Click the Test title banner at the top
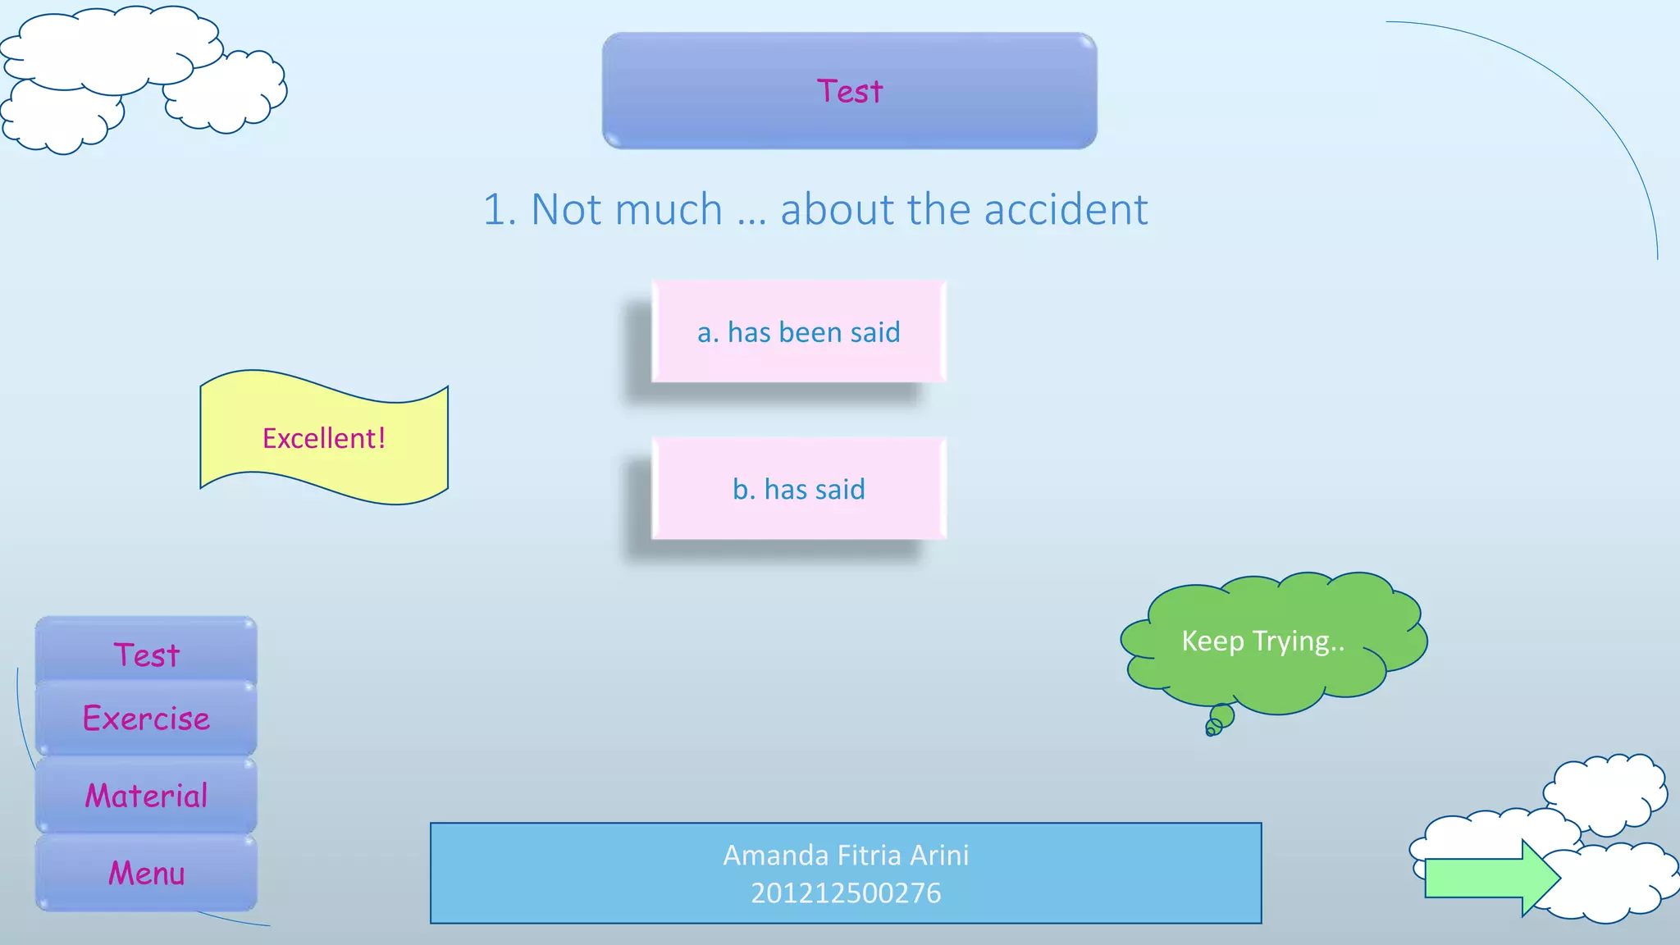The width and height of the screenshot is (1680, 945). pyautogui.click(x=849, y=90)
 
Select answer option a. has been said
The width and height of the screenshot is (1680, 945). pyautogui.click(x=798, y=331)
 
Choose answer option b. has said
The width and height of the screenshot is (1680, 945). pyautogui.click(x=798, y=489)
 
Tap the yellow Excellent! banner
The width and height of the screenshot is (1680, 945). pyautogui.click(x=324, y=438)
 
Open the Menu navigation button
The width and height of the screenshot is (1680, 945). pyautogui.click(x=146, y=873)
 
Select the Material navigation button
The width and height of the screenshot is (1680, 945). pyautogui.click(x=146, y=796)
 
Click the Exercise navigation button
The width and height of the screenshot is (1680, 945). pyautogui.click(x=146, y=719)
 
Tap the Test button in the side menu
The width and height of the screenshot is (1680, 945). pyautogui.click(x=146, y=655)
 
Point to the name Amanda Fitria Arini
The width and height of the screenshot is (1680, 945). pyautogui.click(x=846, y=855)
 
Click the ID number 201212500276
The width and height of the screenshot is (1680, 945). pyautogui.click(x=846, y=892)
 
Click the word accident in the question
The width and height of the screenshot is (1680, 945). pyautogui.click(x=1066, y=209)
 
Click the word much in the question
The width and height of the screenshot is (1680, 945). pyautogui.click(x=668, y=209)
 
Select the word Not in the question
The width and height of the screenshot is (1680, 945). pyautogui.click(x=567, y=209)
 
